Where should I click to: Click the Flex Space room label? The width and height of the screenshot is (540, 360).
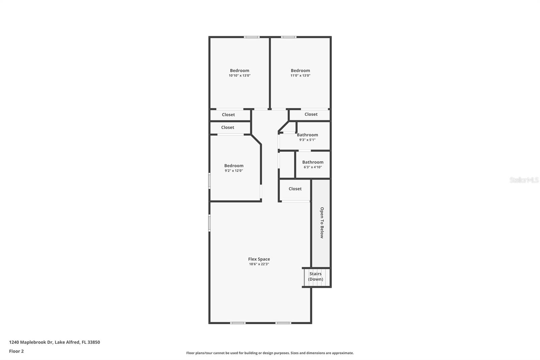pos(259,259)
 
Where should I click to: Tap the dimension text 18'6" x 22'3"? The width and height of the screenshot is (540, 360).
pos(259,264)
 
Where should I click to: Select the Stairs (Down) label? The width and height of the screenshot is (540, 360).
pos(316,277)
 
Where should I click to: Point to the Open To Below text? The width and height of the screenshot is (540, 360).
pos(322,223)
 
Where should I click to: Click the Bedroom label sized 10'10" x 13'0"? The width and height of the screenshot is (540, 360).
pos(240,71)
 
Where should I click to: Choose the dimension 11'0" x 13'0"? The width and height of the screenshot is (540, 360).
pos(300,76)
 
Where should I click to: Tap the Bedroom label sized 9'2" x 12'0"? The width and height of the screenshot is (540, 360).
pos(234,165)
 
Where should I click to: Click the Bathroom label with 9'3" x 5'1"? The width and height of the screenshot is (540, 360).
pos(307,135)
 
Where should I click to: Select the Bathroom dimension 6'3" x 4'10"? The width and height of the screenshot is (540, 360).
pos(313,167)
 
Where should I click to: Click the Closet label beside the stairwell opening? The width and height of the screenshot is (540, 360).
pos(295,189)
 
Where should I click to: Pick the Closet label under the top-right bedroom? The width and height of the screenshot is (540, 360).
pos(311,114)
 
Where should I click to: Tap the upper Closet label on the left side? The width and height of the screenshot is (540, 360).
pos(228,114)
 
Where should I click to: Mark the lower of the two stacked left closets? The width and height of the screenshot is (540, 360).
pos(228,127)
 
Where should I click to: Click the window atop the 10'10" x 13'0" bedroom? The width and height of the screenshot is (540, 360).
pos(252,37)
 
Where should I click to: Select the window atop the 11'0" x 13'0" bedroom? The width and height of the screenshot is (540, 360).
pos(289,37)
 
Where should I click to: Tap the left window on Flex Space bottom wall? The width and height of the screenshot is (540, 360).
pos(238,323)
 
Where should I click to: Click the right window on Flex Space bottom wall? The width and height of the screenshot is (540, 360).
pos(283,323)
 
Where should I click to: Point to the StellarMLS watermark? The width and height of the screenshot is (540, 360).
pos(524,180)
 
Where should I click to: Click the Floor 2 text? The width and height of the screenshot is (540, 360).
pos(16,351)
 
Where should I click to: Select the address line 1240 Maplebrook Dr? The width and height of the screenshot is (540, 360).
pos(54,342)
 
